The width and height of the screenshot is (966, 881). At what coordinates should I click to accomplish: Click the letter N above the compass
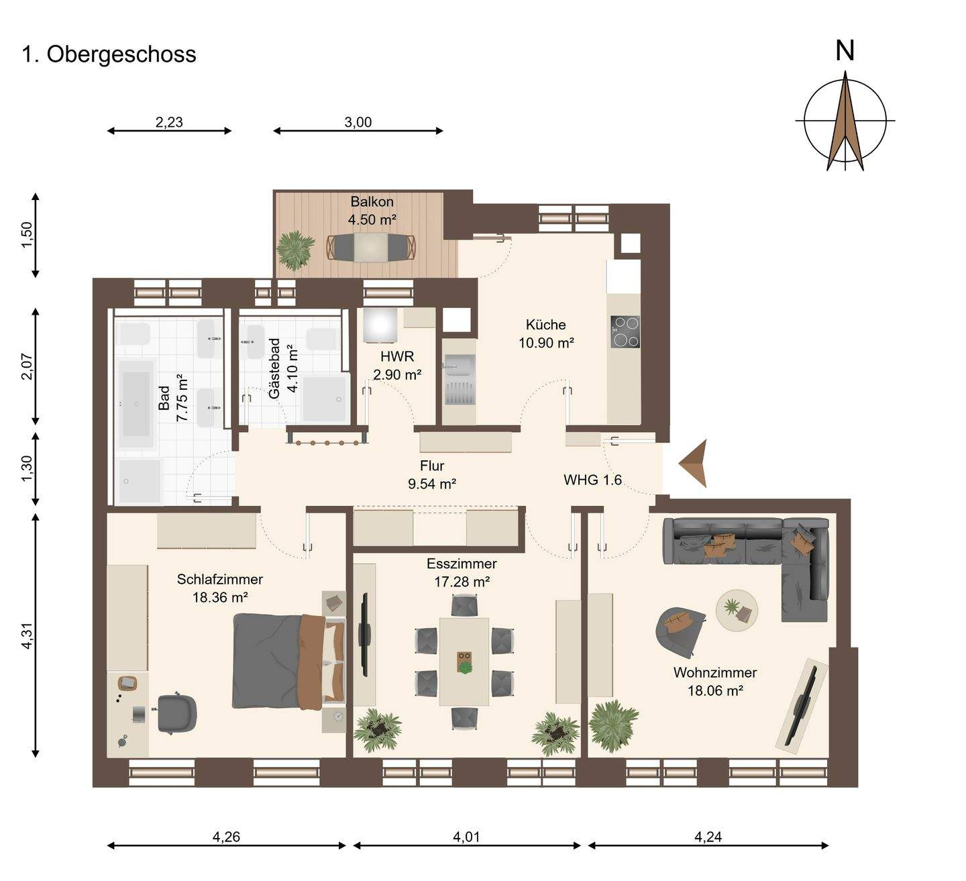pos(845,51)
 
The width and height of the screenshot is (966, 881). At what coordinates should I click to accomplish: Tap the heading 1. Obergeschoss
pos(109,54)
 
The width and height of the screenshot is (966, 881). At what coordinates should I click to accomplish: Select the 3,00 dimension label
pos(358,122)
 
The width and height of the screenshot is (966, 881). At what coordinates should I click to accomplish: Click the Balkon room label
pos(372,201)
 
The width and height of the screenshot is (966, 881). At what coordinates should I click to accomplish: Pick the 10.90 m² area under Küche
pos(546,343)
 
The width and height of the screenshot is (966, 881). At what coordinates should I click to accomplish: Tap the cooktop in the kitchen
pos(625,331)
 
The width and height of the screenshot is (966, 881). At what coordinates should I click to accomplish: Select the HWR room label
pos(397,356)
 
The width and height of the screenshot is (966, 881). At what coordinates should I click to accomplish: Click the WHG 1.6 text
pos(592,480)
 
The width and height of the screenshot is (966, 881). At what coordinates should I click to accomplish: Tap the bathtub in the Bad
pos(136,404)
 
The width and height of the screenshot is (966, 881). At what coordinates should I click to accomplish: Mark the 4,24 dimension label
pos(708,837)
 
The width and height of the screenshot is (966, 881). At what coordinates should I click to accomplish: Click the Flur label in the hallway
pos(432,466)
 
